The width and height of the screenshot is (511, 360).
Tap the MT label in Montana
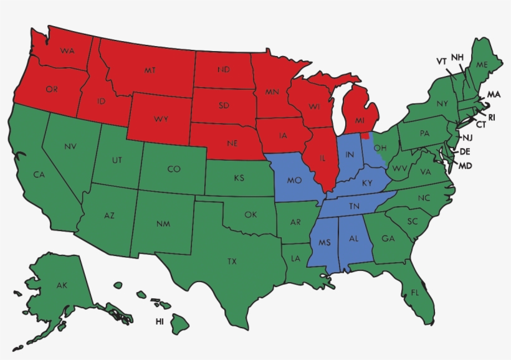[150, 70]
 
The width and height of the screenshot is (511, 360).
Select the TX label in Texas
[232, 260]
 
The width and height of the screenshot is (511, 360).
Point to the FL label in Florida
[414, 291]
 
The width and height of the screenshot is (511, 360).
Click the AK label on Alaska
[62, 285]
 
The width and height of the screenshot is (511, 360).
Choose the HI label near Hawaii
[160, 322]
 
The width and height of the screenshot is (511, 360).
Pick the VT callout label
[441, 61]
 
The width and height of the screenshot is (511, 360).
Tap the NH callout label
[457, 57]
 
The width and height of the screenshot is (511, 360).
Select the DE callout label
[465, 151]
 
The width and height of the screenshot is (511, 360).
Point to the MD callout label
[465, 166]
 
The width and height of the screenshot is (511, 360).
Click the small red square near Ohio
[365, 135]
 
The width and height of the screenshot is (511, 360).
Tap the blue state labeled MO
[294, 181]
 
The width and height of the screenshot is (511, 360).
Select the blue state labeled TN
[354, 206]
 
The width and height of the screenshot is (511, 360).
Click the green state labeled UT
[117, 160]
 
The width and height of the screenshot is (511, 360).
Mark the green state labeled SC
[412, 222]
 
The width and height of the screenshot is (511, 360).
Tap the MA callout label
[494, 95]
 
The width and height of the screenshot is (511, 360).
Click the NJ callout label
[466, 137]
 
